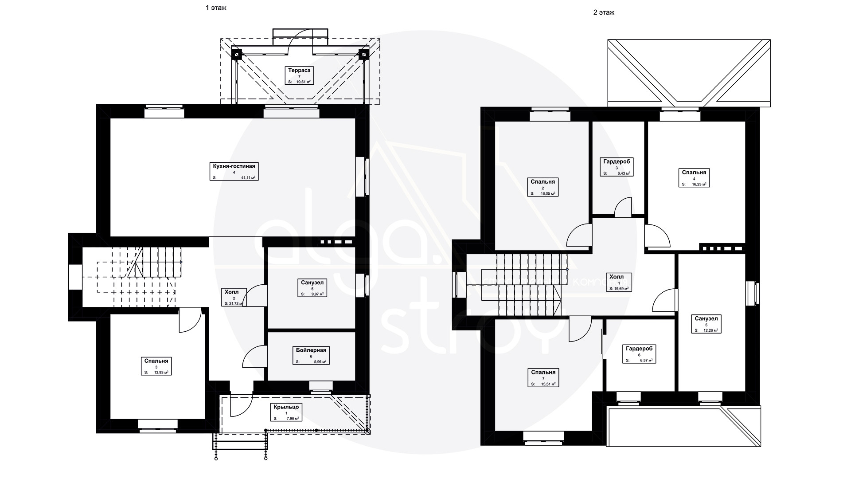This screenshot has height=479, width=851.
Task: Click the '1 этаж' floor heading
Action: [x=216, y=8]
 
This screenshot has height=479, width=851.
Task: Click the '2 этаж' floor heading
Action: [x=604, y=12]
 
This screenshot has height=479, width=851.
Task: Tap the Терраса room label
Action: [x=299, y=70]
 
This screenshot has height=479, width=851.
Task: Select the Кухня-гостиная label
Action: [x=233, y=166]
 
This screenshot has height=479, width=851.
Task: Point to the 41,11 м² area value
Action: [x=248, y=177]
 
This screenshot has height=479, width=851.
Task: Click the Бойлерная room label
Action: [x=311, y=350]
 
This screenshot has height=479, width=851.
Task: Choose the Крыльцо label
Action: [x=286, y=407]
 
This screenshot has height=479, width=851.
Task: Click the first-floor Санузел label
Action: [x=312, y=282]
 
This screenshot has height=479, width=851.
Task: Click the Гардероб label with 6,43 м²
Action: [x=616, y=161]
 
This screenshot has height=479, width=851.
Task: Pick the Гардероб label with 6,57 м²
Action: [x=639, y=349]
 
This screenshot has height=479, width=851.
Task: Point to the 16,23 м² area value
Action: [x=699, y=184]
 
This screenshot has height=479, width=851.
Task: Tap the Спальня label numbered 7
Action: [x=543, y=372]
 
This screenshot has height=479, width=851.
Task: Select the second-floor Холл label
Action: [x=616, y=277]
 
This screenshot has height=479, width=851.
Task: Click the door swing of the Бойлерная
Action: [x=254, y=357]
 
